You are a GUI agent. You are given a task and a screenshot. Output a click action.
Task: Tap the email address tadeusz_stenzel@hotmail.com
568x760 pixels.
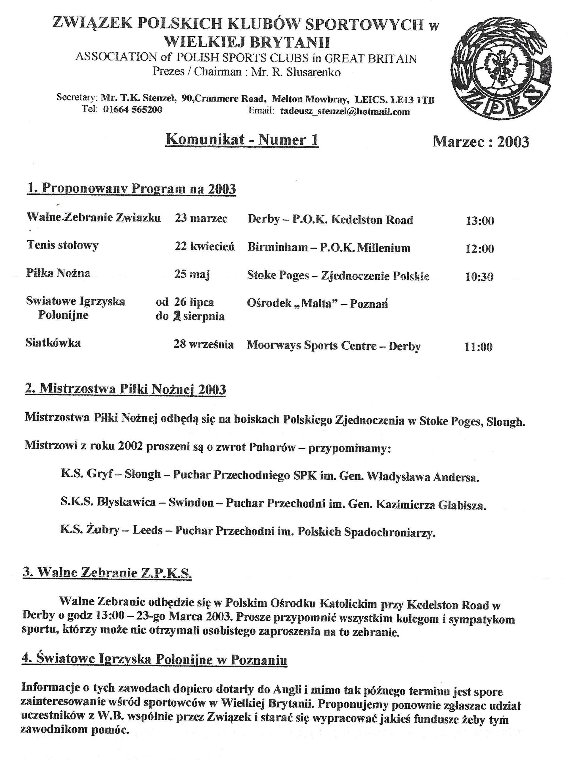click(345, 111)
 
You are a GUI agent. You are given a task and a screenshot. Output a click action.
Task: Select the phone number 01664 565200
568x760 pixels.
click(133, 110)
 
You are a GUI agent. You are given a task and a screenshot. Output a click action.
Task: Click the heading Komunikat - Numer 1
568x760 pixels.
click(242, 140)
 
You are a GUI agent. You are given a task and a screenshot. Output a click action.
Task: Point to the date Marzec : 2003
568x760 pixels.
click(480, 142)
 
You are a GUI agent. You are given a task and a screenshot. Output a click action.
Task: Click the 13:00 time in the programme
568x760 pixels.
click(480, 221)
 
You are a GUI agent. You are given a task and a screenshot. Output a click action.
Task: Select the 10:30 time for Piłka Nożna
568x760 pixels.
click(479, 277)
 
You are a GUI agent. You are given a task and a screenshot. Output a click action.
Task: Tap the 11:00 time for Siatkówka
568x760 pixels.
click(478, 347)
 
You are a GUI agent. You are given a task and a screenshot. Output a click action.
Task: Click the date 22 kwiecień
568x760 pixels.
click(205, 247)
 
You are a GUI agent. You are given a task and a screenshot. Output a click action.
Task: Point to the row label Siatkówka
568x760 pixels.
click(53, 343)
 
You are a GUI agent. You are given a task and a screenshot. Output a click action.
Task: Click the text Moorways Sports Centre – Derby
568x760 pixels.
click(334, 346)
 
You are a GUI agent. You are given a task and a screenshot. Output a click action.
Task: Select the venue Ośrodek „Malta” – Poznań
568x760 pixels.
click(317, 304)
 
